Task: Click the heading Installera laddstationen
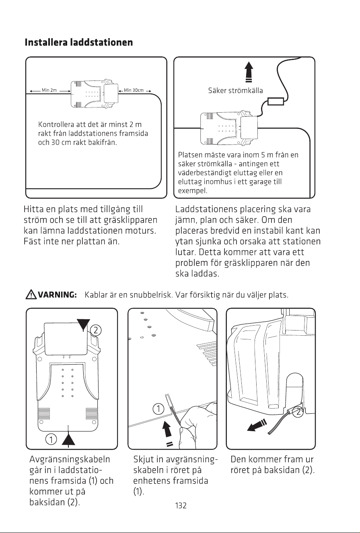click(79, 42)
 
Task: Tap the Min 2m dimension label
click(49, 90)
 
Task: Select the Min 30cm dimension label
click(134, 90)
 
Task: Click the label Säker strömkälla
click(235, 91)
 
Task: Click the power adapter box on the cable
click(276, 101)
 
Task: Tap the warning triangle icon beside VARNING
click(31, 295)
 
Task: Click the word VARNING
click(57, 295)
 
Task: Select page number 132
click(181, 505)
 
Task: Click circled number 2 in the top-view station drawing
click(96, 330)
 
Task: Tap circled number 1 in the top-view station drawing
click(51, 439)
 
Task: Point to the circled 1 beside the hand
click(158, 409)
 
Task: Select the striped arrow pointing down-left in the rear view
click(257, 426)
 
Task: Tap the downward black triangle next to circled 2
click(83, 324)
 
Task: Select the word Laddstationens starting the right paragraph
click(206, 209)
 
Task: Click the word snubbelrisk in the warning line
click(151, 295)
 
